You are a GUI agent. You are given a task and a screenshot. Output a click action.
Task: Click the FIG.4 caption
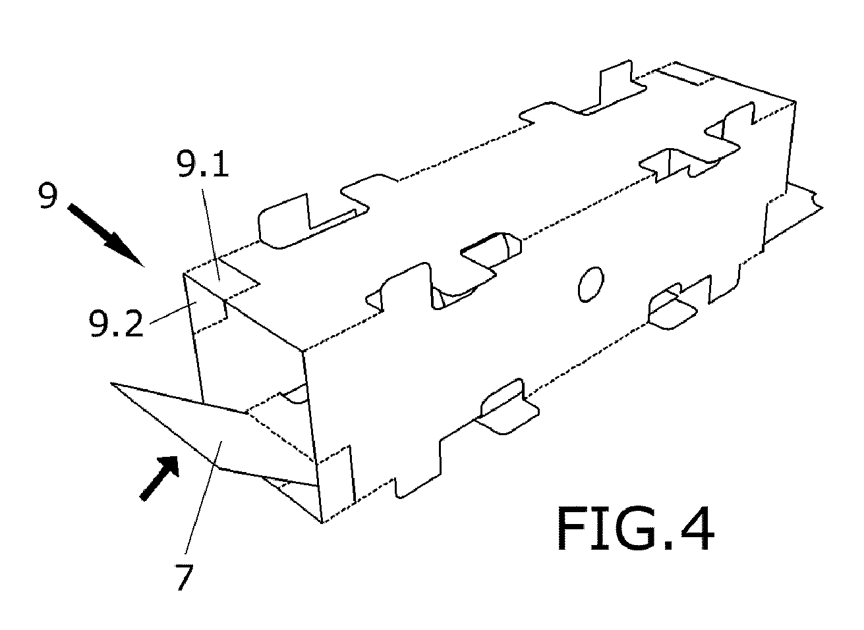coord(635,529)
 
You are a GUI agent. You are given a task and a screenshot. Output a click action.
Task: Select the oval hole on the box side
coord(590,284)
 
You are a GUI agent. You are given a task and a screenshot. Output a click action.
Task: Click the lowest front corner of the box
coord(322,523)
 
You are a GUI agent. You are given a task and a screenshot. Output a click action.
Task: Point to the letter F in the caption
coord(571,529)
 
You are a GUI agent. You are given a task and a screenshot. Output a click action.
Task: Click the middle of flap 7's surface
coord(224,441)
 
